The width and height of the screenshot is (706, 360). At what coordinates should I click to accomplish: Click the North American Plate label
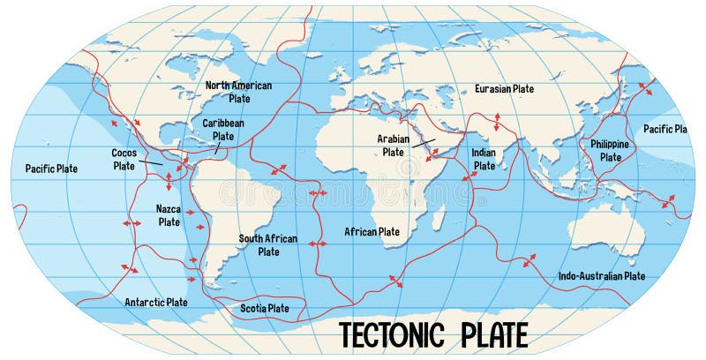point(239,92)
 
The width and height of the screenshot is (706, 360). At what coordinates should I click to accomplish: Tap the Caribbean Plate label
point(223,130)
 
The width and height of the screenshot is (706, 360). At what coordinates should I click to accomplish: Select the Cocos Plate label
point(124,159)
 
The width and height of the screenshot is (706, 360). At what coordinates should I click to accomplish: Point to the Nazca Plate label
point(169,215)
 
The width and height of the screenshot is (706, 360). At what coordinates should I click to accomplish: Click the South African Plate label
point(268,244)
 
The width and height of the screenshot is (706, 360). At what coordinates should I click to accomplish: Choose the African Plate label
point(372,232)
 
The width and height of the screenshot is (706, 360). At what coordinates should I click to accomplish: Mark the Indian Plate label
point(484,159)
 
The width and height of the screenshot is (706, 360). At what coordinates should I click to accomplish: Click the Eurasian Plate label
point(504,89)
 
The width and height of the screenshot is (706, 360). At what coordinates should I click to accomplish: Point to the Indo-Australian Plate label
point(602,276)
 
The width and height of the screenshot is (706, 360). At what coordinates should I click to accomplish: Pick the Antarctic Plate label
point(155,302)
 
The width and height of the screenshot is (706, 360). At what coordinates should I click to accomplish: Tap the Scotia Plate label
point(265,308)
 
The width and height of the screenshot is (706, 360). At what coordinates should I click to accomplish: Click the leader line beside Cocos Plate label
point(150,161)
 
